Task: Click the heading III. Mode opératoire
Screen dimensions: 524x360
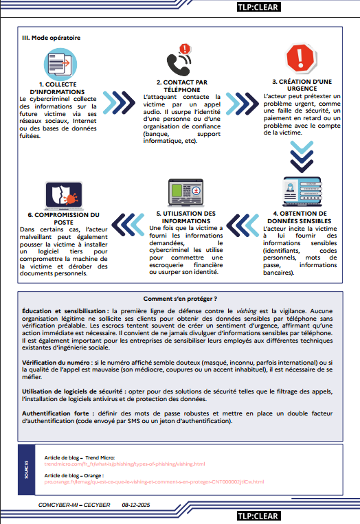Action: (52, 38)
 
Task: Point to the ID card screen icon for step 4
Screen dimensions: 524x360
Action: (298, 190)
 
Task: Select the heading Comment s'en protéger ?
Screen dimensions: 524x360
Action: (180, 299)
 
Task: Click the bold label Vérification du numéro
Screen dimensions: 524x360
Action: (55, 361)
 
